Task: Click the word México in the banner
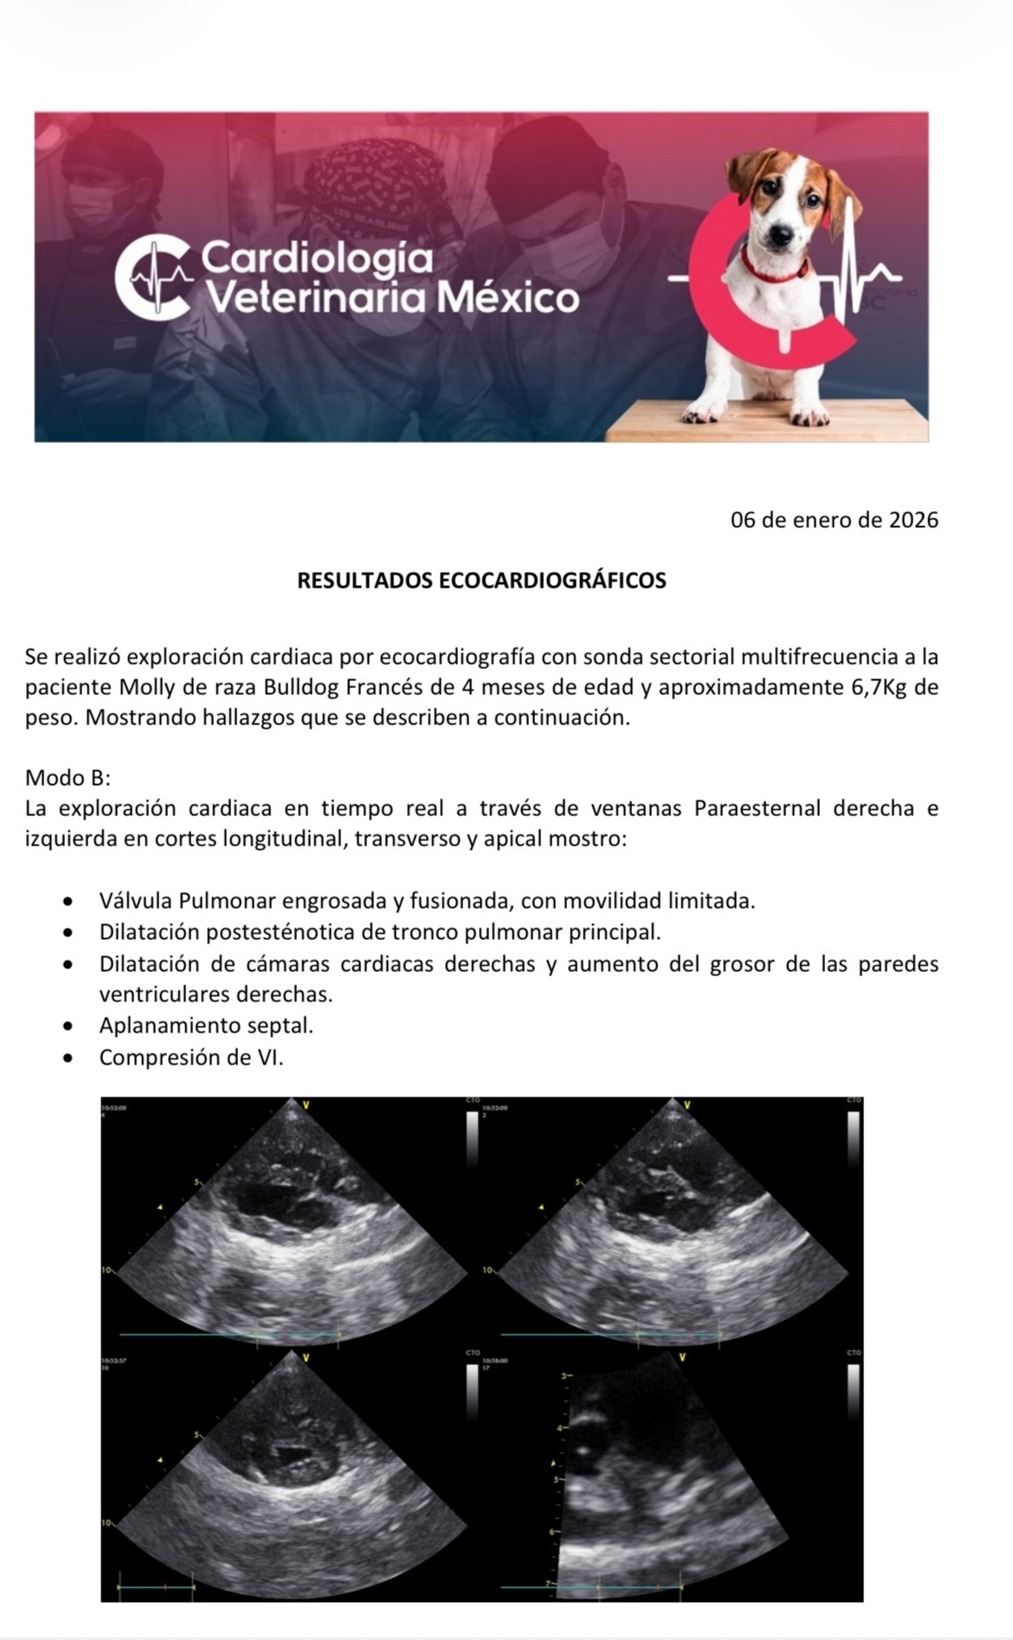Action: [x=507, y=299]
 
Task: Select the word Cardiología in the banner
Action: [x=316, y=257]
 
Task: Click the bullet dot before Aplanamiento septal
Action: [x=68, y=1026]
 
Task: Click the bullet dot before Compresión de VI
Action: [x=68, y=1058]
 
